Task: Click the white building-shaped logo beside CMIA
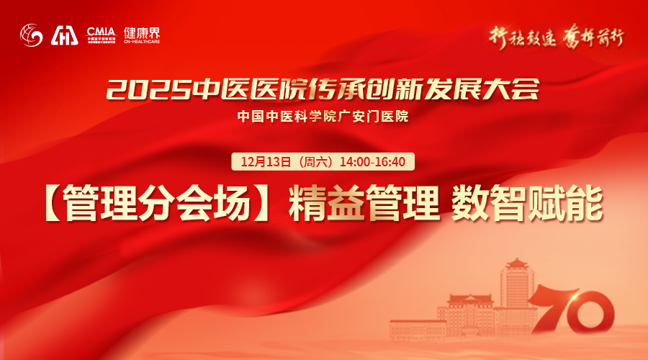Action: click(65, 35)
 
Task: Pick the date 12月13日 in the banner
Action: click(266, 161)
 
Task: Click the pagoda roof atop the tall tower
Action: click(518, 265)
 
